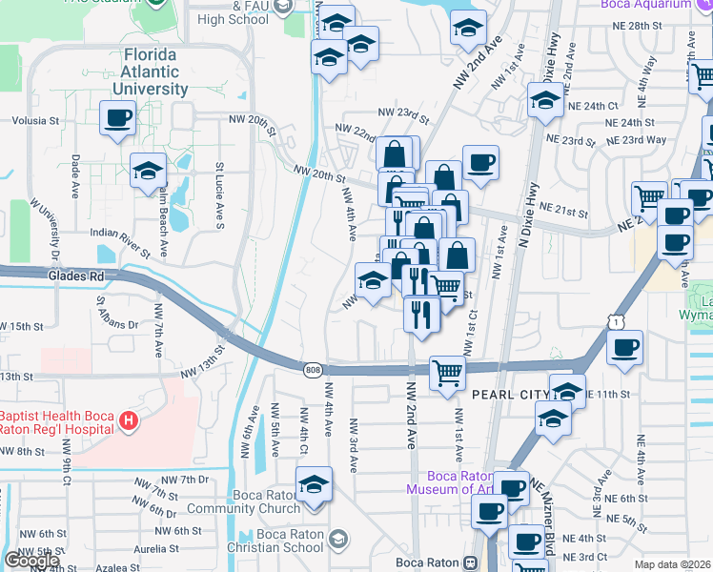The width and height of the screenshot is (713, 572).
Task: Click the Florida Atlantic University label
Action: tap(156, 71)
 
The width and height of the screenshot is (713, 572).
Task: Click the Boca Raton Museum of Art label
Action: tap(452, 482)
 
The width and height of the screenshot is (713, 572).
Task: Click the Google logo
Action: tap(31, 561)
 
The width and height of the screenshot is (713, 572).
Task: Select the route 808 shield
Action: tap(313, 370)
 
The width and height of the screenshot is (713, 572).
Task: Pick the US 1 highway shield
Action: tap(617, 325)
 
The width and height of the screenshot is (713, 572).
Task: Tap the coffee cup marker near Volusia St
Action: tap(117, 119)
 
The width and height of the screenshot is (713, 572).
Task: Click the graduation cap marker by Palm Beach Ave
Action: tap(148, 172)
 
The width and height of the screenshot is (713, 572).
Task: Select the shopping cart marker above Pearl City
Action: tap(447, 374)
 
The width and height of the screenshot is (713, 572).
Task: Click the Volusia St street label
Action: tap(35, 121)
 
